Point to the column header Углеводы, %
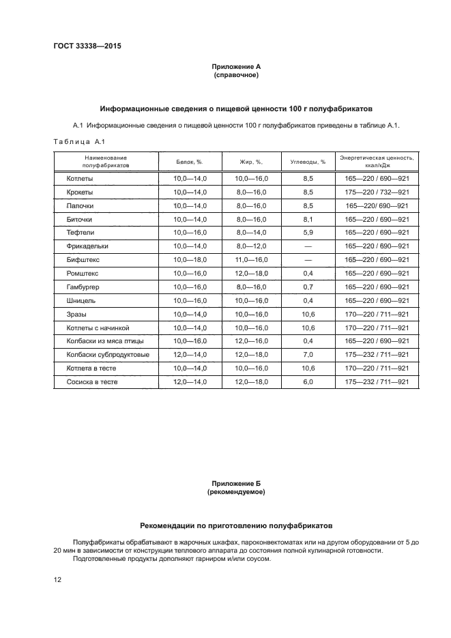[308, 162]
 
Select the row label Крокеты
[80, 192]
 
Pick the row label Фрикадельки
[87, 246]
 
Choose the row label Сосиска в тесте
[91, 382]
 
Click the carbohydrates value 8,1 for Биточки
[308, 219]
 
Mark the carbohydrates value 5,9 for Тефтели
[308, 233]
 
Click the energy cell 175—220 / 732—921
[377, 192]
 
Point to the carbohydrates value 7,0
[308, 355]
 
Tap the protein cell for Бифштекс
[190, 260]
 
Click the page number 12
[58, 580]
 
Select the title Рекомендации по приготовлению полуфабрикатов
[236, 526]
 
